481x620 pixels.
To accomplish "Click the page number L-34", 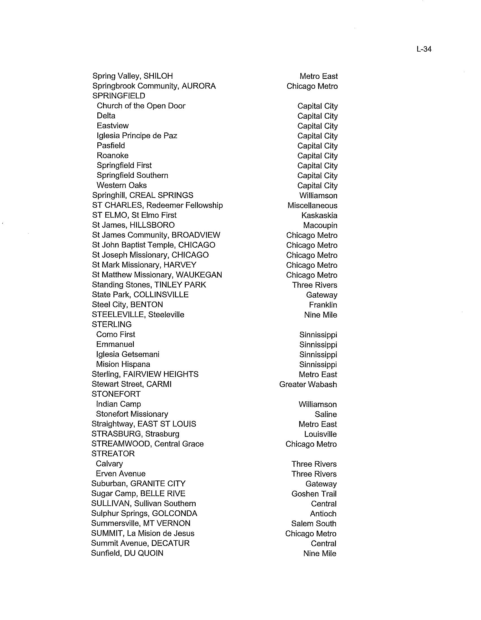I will (x=424, y=49).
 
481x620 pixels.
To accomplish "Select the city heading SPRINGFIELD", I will (x=119, y=96).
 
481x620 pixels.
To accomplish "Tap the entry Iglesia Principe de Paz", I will (x=137, y=136).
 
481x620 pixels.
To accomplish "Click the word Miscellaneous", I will (x=312, y=205).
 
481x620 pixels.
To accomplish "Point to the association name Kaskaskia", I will (x=319, y=216).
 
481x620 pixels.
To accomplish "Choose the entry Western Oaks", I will (x=121, y=185).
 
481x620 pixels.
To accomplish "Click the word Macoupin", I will (x=320, y=225).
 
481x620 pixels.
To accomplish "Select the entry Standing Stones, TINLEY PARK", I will (x=149, y=285).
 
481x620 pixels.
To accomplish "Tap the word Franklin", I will (x=323, y=305).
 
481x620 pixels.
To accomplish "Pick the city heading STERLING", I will (x=111, y=324).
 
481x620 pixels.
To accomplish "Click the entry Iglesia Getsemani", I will (x=128, y=354).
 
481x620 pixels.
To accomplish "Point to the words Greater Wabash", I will (x=308, y=384).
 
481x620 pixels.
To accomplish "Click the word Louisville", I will (x=320, y=434).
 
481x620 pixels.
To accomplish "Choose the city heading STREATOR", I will (x=113, y=454).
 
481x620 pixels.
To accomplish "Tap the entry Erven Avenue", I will (x=121, y=473).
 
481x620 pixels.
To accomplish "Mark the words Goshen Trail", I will (x=314, y=494).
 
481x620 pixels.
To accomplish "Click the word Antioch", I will (x=323, y=513).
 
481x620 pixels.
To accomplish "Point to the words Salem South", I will (x=314, y=524).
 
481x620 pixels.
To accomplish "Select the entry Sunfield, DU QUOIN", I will (x=127, y=553).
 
